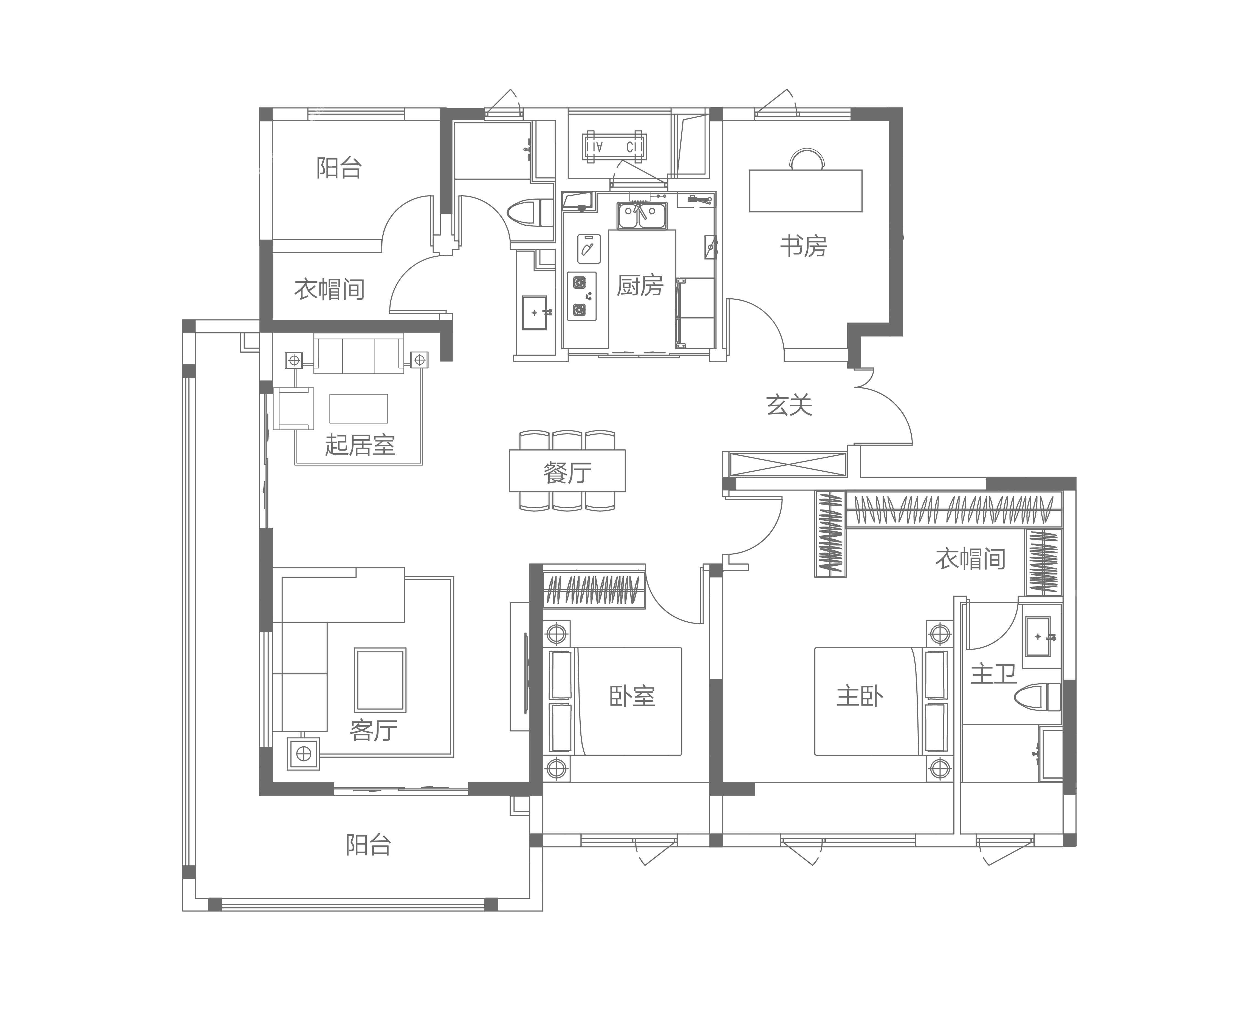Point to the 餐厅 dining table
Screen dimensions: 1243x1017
567,471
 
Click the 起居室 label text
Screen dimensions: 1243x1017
360,445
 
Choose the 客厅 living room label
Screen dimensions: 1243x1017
373,730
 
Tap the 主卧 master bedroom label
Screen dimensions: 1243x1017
859,696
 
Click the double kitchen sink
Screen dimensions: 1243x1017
642,216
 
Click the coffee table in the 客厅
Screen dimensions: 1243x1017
380,679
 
